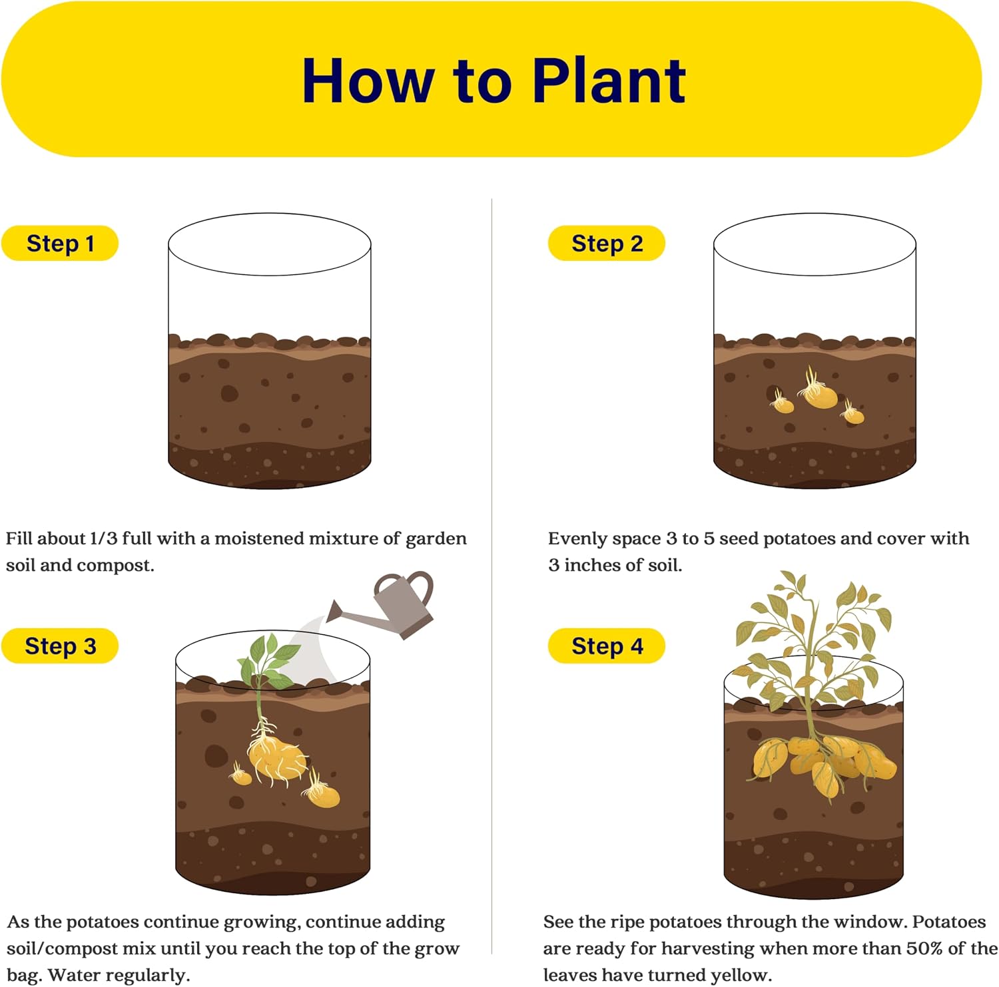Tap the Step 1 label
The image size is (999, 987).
pyautogui.click(x=60, y=244)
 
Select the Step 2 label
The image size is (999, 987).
pyautogui.click(x=607, y=244)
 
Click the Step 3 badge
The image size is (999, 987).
pyautogui.click(x=60, y=646)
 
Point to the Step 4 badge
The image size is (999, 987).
pyautogui.click(x=607, y=646)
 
